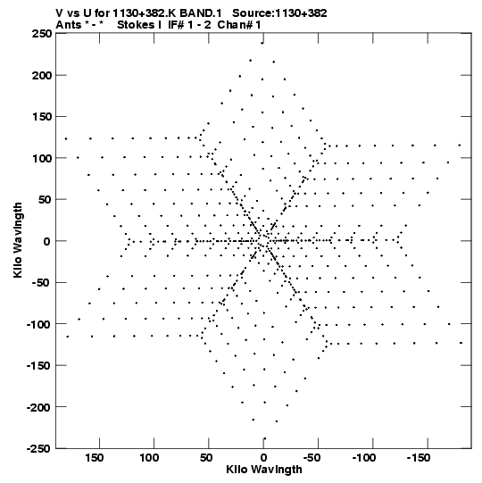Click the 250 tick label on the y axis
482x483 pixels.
pyautogui.click(x=42, y=34)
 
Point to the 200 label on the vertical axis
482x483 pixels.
pyautogui.click(x=42, y=75)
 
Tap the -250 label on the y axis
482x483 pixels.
pyautogui.click(x=39, y=448)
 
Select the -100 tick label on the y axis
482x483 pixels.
pyautogui.click(x=39, y=324)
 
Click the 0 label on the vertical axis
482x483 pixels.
pyautogui.click(x=46, y=241)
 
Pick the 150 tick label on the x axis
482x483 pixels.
pyautogui.click(x=95, y=458)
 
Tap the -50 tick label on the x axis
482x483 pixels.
pyautogui.click(x=312, y=458)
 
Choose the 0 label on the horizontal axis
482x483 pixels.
pyautogui.click(x=263, y=458)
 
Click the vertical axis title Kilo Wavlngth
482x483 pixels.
pyautogui.click(x=18, y=240)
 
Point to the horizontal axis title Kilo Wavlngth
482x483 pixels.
pyautogui.click(x=264, y=470)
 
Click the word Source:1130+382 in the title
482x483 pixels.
pyautogui.click(x=279, y=13)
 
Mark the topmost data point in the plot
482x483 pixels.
pyautogui.click(x=262, y=43)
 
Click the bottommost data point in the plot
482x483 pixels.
pyautogui.click(x=264, y=438)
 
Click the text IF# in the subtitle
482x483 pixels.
pyautogui.click(x=176, y=25)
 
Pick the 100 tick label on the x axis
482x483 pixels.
pyautogui.click(x=149, y=458)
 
